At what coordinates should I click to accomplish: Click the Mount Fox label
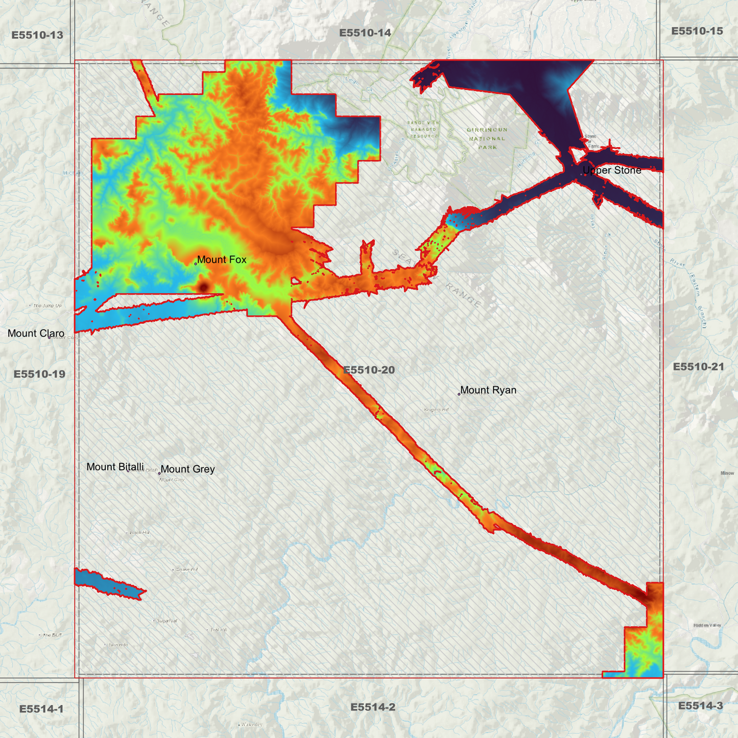[x=222, y=260]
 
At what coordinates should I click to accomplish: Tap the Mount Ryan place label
[x=488, y=390]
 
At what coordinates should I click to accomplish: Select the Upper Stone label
[x=612, y=171]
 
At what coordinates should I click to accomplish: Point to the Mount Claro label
[x=36, y=334]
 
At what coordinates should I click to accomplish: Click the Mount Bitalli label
[x=115, y=467]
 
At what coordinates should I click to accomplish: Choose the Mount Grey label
[x=187, y=469]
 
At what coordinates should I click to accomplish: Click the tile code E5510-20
[x=369, y=370]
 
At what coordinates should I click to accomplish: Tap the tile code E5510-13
[x=37, y=35]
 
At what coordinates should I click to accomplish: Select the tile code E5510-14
[x=365, y=33]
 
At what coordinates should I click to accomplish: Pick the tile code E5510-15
[x=697, y=31]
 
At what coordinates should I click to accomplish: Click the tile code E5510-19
[x=39, y=374]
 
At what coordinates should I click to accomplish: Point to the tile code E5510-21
[x=698, y=367]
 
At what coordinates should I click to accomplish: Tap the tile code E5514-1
[x=41, y=709]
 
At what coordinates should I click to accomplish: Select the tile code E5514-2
[x=373, y=707]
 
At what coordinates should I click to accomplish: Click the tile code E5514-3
[x=700, y=706]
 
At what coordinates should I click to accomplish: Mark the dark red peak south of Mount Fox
[x=203, y=287]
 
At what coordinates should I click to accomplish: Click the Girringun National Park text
[x=486, y=138]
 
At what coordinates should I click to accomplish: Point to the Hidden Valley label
[x=707, y=626]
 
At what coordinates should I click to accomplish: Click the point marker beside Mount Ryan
[x=459, y=394]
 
